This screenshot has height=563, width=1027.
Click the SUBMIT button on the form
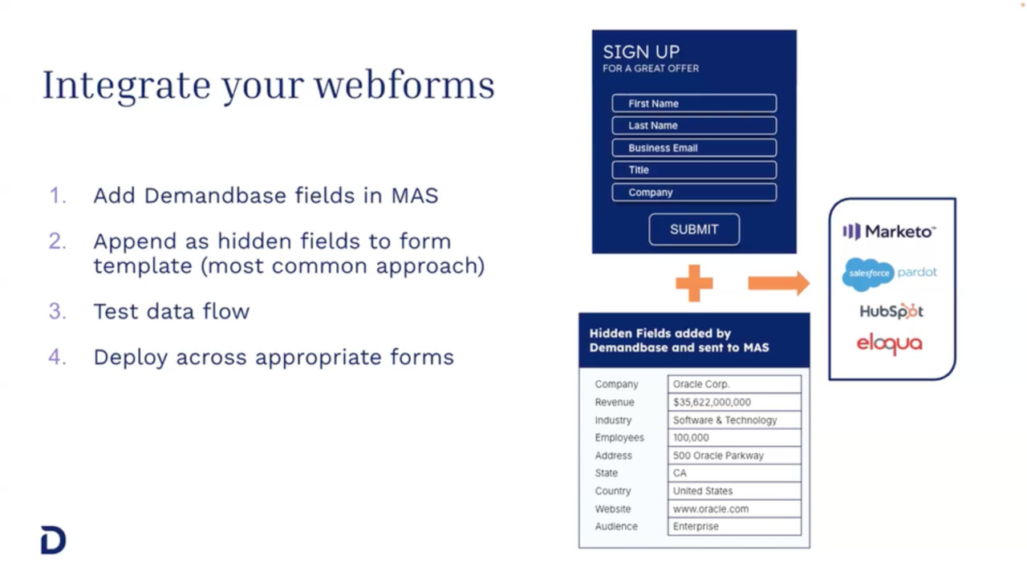pos(694,229)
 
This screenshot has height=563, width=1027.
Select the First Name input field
pos(694,103)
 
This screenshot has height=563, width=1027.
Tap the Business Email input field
pos(694,148)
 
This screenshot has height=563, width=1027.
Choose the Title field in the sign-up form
pos(694,170)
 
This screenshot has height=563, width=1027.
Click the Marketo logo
pos(889,232)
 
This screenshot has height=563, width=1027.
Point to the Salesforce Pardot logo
pos(889,273)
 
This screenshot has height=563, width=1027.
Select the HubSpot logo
pos(891,311)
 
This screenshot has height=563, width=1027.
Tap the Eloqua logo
pos(889,344)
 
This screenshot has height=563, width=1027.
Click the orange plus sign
pos(694,283)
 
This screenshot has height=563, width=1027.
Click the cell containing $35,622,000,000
pos(734,403)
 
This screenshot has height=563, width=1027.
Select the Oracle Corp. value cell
pos(734,384)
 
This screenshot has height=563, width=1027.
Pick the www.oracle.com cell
pos(734,508)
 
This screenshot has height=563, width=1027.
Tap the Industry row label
pos(613,420)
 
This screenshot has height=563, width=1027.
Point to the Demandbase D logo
pos(53,541)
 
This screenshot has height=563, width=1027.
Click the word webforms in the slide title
pos(404,85)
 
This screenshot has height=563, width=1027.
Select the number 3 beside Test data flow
pos(57,311)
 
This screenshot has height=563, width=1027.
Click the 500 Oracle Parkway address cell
pos(734,456)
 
